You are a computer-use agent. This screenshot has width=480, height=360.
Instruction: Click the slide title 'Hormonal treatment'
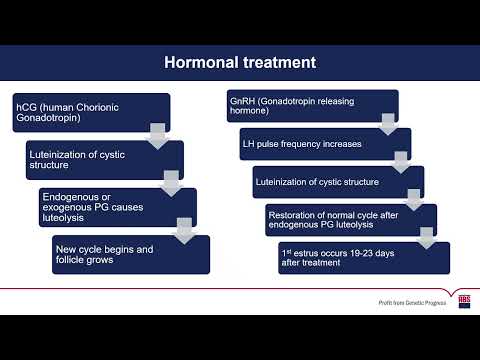coord(240,62)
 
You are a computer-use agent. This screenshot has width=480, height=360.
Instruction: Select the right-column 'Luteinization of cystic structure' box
coord(322,182)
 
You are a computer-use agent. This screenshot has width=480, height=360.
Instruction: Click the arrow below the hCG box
coord(157,135)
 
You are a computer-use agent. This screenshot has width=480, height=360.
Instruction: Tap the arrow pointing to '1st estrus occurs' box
coord(426,238)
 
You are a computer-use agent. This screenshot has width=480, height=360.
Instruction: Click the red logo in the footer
coord(464,299)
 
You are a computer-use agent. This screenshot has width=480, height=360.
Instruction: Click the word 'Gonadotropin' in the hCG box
coord(46,118)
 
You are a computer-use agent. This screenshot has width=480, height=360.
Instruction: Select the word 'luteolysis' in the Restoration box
coord(371,224)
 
